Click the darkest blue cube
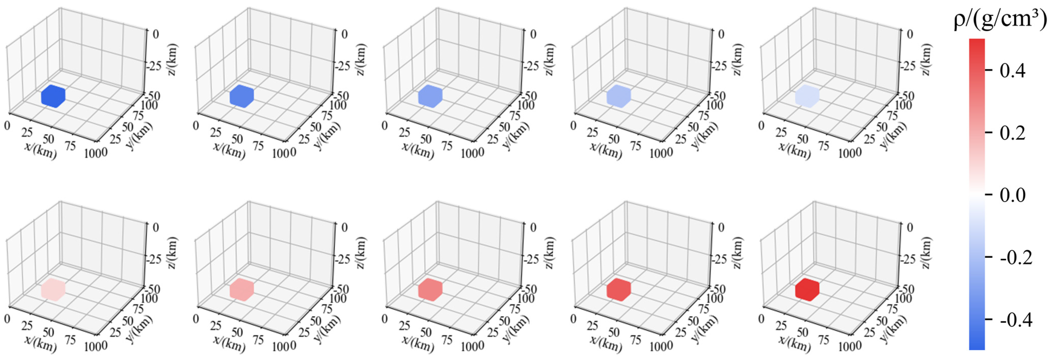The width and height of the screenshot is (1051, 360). (53, 96)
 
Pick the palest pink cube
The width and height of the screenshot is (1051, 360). (53, 290)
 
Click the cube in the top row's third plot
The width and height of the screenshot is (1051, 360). (430, 96)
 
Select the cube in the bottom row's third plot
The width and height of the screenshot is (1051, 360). (430, 290)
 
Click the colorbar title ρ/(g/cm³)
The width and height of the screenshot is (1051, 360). (1000, 20)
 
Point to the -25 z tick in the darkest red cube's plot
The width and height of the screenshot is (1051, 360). (907, 259)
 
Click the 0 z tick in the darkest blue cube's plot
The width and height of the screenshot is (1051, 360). (155, 34)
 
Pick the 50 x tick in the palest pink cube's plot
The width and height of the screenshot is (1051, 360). (48, 332)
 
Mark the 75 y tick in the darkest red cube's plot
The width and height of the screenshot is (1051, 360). (892, 309)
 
